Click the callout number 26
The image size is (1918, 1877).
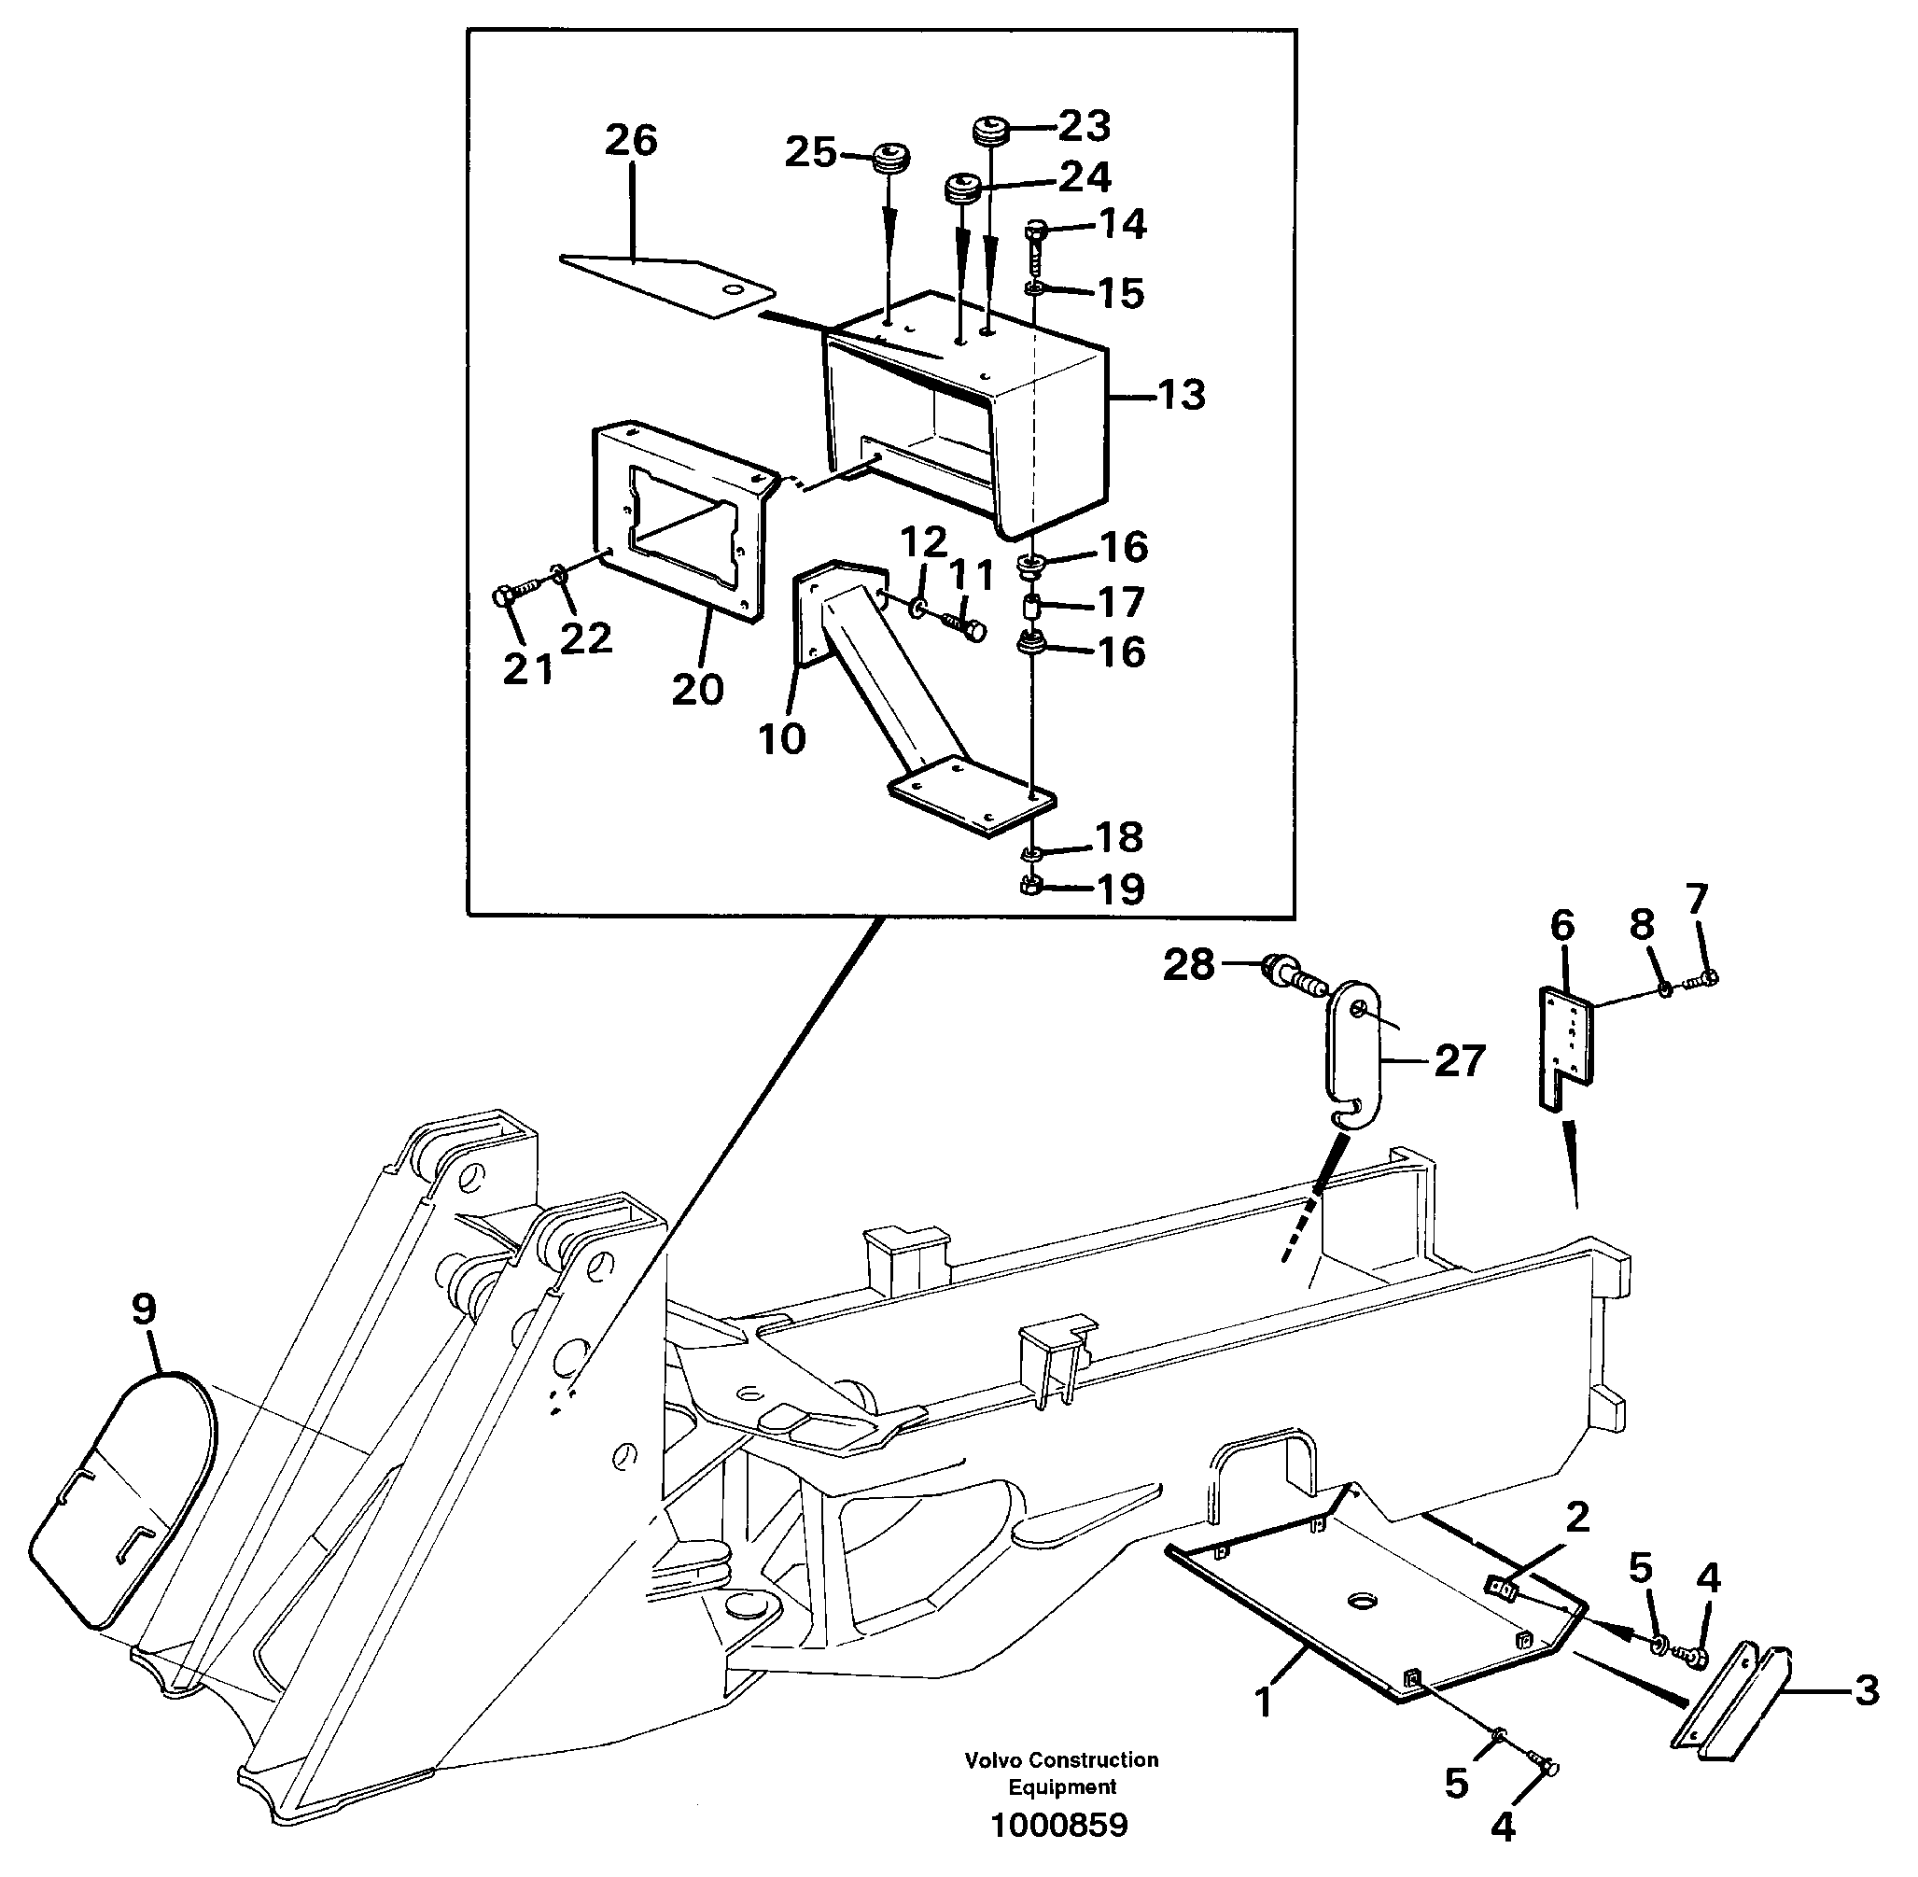631,141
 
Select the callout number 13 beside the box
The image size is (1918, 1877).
1182,396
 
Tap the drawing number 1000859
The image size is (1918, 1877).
1059,1826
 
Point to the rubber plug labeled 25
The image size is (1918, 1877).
891,158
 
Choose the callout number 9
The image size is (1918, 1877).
144,1310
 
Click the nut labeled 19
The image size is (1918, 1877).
1031,884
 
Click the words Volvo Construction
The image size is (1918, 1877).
1060,1760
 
